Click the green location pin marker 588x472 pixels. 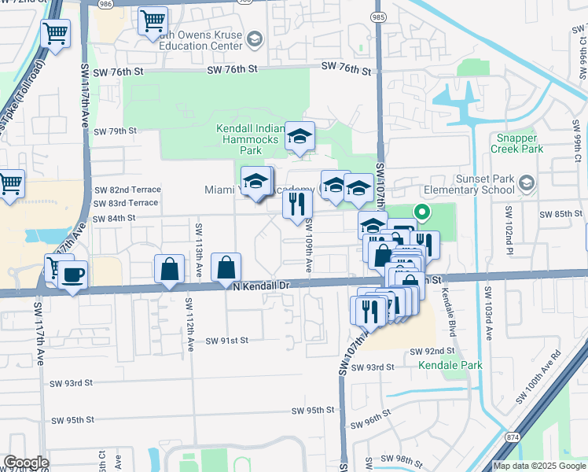click(421, 212)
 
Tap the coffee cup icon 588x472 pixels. click(73, 275)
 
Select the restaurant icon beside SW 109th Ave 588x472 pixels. click(297, 205)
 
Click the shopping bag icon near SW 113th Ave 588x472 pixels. click(170, 269)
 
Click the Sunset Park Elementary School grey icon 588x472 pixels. click(526, 184)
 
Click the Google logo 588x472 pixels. click(25, 463)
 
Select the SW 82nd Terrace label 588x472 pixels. click(127, 190)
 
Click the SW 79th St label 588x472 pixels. click(116, 131)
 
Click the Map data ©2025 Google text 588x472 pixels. click(539, 466)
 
